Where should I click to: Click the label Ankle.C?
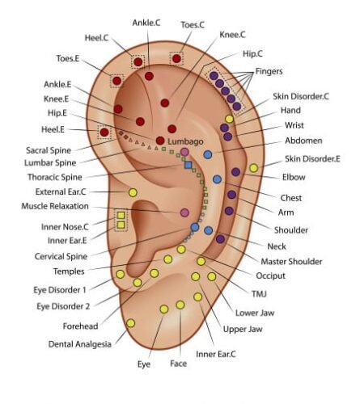pos(146,23)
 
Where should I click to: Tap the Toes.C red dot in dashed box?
pos(176,58)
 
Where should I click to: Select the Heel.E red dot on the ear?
pos(104,133)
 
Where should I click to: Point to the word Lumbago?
pos(185,141)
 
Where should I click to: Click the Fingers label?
pos(269,71)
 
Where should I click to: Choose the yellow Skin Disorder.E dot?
pos(253,168)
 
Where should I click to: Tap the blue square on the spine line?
pos(188,165)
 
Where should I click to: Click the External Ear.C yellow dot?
pos(133,192)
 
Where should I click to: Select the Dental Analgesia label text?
pos(80,344)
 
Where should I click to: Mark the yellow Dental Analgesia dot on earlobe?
pos(130,323)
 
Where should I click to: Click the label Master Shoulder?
pos(291,261)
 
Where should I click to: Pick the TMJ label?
pos(259,294)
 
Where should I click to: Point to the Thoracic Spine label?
pos(55,177)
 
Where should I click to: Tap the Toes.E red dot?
pos(116,81)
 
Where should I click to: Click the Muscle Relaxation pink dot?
pos(184,213)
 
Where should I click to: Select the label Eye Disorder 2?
pos(63,306)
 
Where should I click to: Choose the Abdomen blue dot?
pos(207,154)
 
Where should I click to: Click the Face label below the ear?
pos(179,364)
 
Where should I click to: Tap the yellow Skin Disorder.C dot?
pos(229,119)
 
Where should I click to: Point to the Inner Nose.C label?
pos(65,227)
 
